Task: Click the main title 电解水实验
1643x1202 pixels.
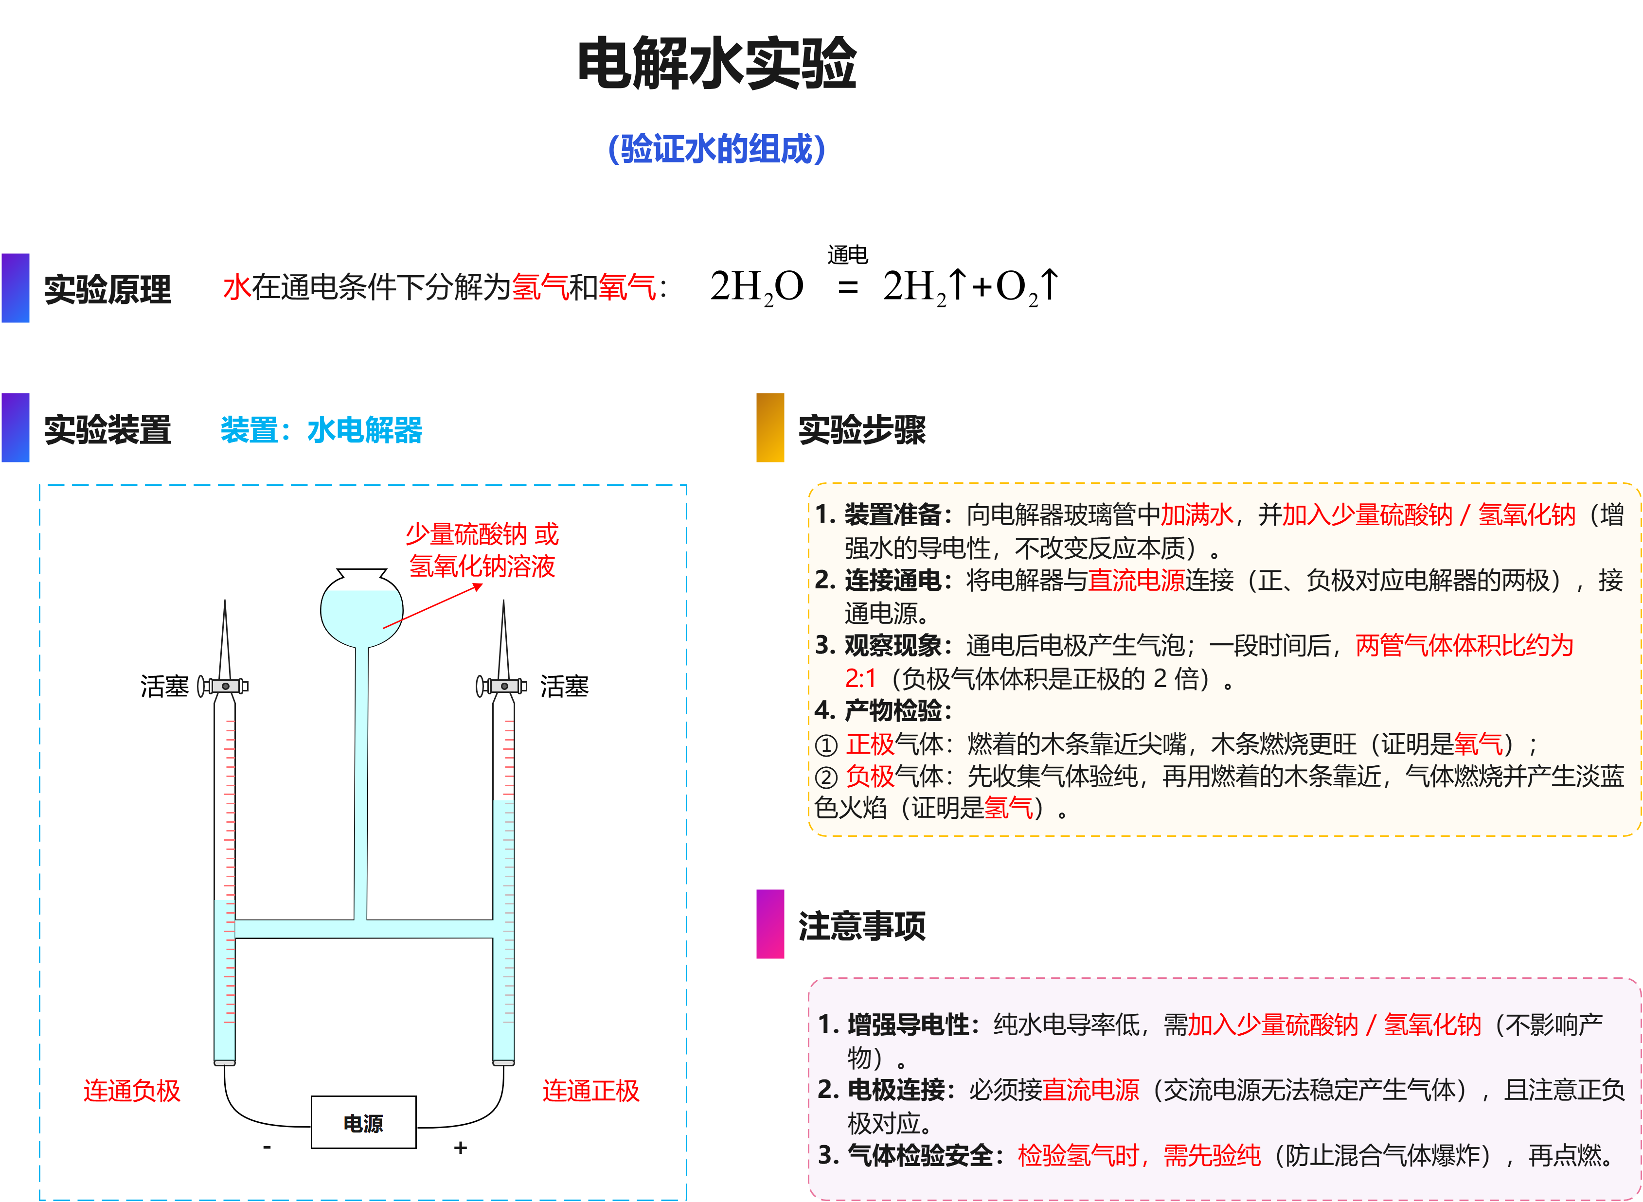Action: pyautogui.click(x=717, y=64)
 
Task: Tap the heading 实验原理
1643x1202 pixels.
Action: pyautogui.click(x=107, y=289)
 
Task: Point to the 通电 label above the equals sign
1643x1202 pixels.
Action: pyautogui.click(x=848, y=255)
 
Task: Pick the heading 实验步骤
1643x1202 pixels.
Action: pyautogui.click(x=862, y=429)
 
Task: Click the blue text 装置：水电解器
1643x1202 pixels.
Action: pyautogui.click(x=321, y=430)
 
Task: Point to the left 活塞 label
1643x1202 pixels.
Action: pyautogui.click(x=164, y=686)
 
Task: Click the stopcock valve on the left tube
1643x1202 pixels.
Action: pyautogui.click(x=224, y=686)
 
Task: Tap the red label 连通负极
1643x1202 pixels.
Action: pyautogui.click(x=132, y=1091)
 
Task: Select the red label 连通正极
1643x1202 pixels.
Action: pyautogui.click(x=591, y=1091)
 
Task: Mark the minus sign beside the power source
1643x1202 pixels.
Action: pyautogui.click(x=267, y=1148)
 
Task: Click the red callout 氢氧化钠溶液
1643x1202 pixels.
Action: pyautogui.click(x=482, y=566)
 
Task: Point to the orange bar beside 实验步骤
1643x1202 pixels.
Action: pyautogui.click(x=770, y=428)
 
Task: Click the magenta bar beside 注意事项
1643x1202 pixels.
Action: pyautogui.click(x=770, y=924)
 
